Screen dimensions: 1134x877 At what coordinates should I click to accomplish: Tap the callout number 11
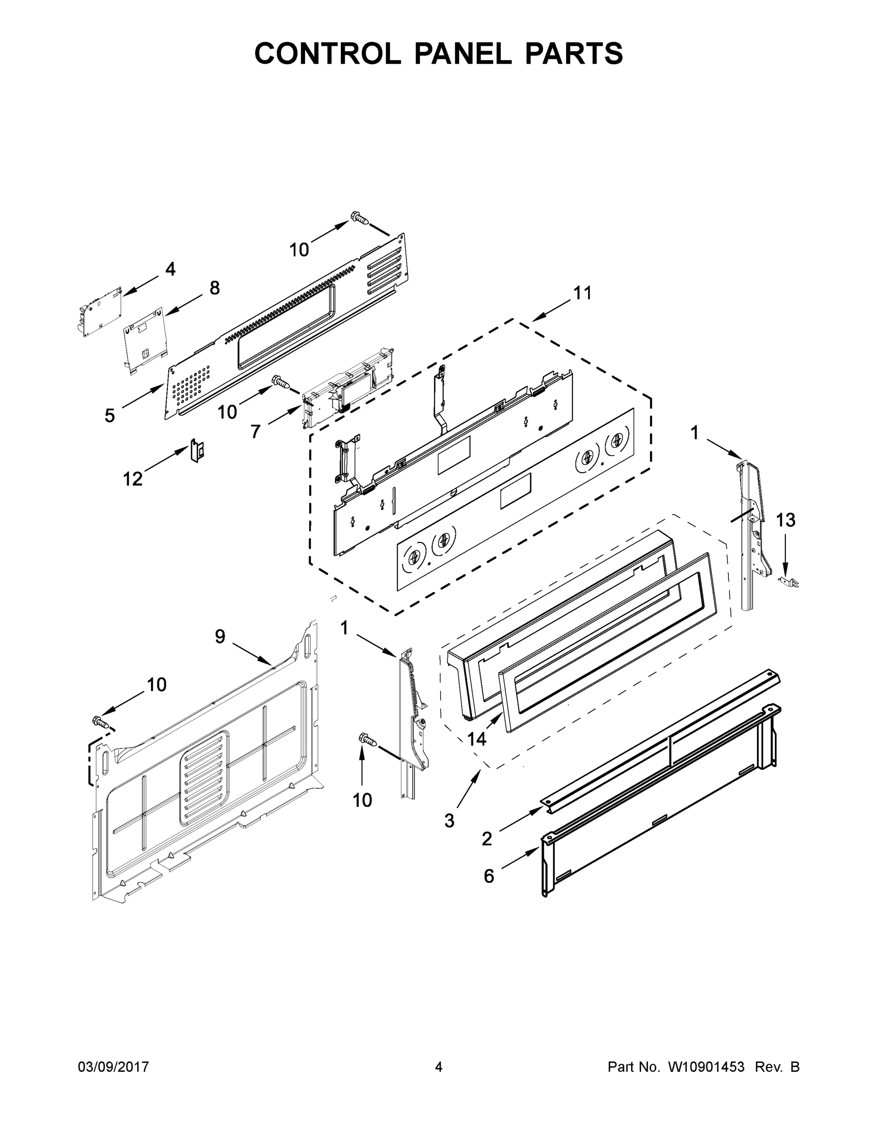tap(582, 293)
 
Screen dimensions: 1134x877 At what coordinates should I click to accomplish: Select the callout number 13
tap(786, 520)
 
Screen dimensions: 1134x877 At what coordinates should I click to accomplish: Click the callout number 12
tap(132, 479)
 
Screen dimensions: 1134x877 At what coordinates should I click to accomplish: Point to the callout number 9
tap(220, 636)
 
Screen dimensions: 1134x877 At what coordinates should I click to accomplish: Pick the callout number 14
tap(477, 739)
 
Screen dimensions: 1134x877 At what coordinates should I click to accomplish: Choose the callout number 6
tap(489, 876)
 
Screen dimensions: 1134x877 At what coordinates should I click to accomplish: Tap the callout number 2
tap(486, 839)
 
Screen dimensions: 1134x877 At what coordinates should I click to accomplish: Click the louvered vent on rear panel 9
tap(206, 778)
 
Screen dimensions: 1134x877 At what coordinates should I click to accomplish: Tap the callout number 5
tap(110, 415)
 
